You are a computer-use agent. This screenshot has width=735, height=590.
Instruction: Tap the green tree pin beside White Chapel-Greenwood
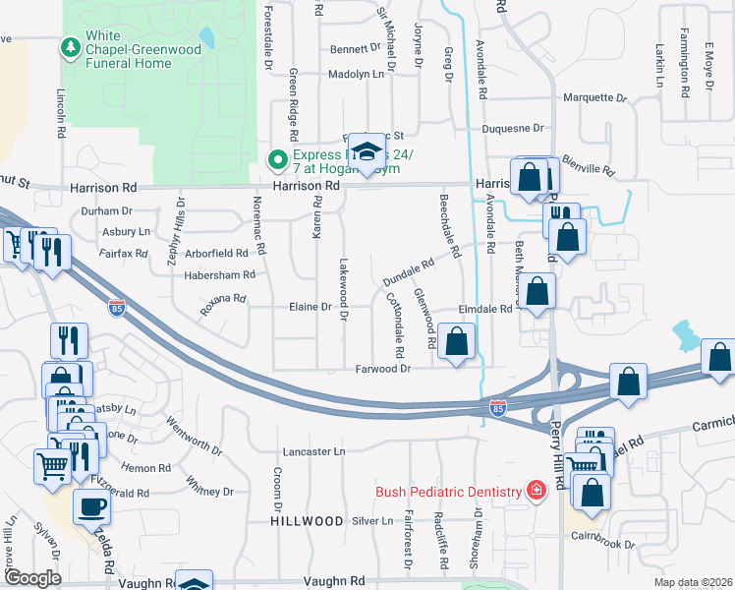pyautogui.click(x=70, y=46)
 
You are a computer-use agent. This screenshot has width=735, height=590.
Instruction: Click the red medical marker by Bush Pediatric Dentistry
pyautogui.click(x=537, y=491)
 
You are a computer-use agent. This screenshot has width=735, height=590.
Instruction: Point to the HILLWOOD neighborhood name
pyautogui.click(x=308, y=520)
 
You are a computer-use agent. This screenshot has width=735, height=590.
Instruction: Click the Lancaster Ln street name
pyautogui.click(x=314, y=451)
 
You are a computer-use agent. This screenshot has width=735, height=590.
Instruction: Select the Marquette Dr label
pyautogui.click(x=594, y=97)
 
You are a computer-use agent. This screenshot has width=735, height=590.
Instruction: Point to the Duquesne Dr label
pyautogui.click(x=511, y=128)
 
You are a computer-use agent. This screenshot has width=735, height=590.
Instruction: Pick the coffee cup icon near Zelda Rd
pyautogui.click(x=92, y=507)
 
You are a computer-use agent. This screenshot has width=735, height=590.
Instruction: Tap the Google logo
pyautogui.click(x=32, y=578)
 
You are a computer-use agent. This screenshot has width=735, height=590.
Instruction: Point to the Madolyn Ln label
pyautogui.click(x=355, y=74)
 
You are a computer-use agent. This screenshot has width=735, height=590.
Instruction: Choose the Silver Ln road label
pyautogui.click(x=371, y=520)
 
